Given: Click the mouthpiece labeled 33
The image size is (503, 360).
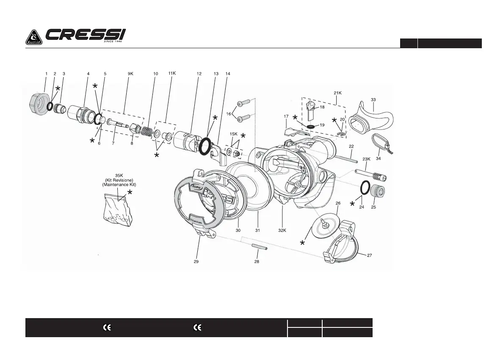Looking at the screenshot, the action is [373, 116].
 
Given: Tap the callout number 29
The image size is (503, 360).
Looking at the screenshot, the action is [196, 262].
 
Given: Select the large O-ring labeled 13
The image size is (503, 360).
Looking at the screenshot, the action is [205, 146].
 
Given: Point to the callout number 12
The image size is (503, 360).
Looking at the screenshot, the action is [199, 74].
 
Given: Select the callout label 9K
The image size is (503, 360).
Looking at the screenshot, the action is [130, 74].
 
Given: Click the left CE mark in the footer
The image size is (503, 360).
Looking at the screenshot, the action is [107, 328].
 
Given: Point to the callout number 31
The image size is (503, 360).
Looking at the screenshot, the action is [258, 230].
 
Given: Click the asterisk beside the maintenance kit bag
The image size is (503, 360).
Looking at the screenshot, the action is [130, 192].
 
